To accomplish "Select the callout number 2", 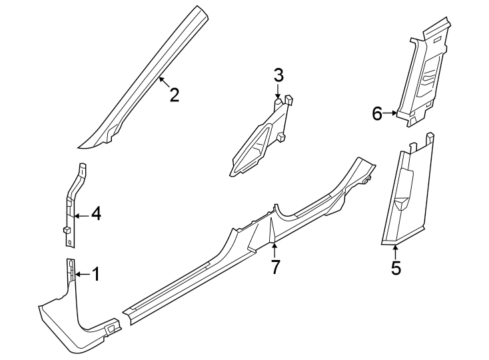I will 174,95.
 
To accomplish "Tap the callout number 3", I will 278,75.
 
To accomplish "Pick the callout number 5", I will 396,269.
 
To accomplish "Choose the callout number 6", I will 377,114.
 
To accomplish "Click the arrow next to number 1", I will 81,274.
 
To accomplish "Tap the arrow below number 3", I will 278,92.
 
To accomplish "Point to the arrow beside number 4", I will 81,215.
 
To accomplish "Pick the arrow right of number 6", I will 391,114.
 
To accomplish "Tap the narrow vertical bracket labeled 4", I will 72,200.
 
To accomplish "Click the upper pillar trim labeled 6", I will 426,73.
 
